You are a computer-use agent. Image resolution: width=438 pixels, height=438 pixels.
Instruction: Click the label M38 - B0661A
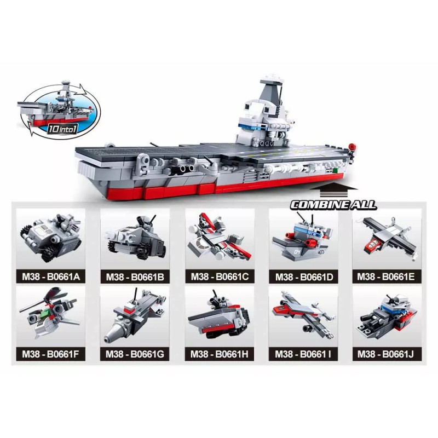(x=51, y=277)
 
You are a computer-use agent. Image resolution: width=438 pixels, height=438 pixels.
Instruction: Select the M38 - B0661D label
(x=304, y=277)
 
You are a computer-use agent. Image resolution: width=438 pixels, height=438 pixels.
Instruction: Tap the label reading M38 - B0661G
(x=135, y=354)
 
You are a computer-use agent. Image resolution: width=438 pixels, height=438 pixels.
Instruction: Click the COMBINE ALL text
(x=333, y=205)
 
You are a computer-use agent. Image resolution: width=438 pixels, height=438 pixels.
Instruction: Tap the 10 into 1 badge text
(x=62, y=129)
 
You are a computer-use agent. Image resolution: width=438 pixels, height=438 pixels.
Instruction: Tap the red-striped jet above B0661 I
(x=303, y=314)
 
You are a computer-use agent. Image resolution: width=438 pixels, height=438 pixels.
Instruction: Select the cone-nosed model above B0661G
(x=135, y=315)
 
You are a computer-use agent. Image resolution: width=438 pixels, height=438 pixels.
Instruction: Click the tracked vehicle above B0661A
(x=51, y=238)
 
